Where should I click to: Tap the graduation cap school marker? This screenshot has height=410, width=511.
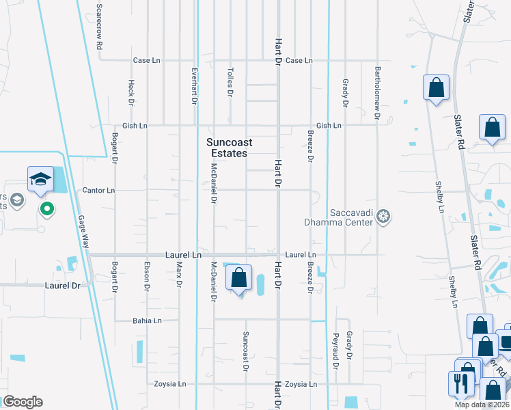40,180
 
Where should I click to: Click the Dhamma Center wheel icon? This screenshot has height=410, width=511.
384,217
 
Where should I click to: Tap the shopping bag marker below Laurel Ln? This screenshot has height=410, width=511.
238,278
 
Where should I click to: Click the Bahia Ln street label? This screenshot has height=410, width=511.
147,320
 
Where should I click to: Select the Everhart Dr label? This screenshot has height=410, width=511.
195,86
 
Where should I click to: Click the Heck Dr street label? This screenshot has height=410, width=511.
130,93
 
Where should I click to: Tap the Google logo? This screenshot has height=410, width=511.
23,402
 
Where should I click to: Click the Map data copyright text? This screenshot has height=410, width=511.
482,405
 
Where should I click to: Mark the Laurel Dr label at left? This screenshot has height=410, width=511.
63,285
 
